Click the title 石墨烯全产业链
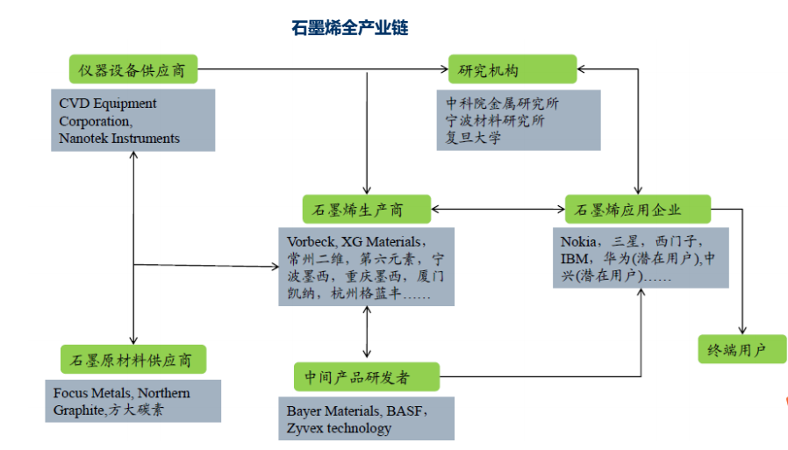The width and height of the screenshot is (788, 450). coord(350,27)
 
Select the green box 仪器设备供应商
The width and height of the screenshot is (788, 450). coord(133,69)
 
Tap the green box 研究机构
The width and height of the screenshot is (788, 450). coord(512,69)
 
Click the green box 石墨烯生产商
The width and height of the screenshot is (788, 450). coord(367,209)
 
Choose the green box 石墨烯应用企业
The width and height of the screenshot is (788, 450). coord(638,209)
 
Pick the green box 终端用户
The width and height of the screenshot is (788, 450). coord(741,349)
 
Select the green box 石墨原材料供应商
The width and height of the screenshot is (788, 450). coord(133,359)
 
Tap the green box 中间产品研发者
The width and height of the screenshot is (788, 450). coord(367,376)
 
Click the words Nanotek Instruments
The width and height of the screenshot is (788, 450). coord(119,138)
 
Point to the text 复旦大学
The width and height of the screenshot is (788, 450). coord(473,137)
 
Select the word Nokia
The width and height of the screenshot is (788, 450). coord(578,241)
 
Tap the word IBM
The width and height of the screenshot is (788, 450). coord(574,259)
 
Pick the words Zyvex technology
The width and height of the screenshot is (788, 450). coord(339,428)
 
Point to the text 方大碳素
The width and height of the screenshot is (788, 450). coord(136,410)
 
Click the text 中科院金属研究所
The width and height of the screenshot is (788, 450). coord(502,104)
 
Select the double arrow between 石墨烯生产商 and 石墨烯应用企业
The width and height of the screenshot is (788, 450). coord(498,209)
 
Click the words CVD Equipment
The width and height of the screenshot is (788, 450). coord(108,104)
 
